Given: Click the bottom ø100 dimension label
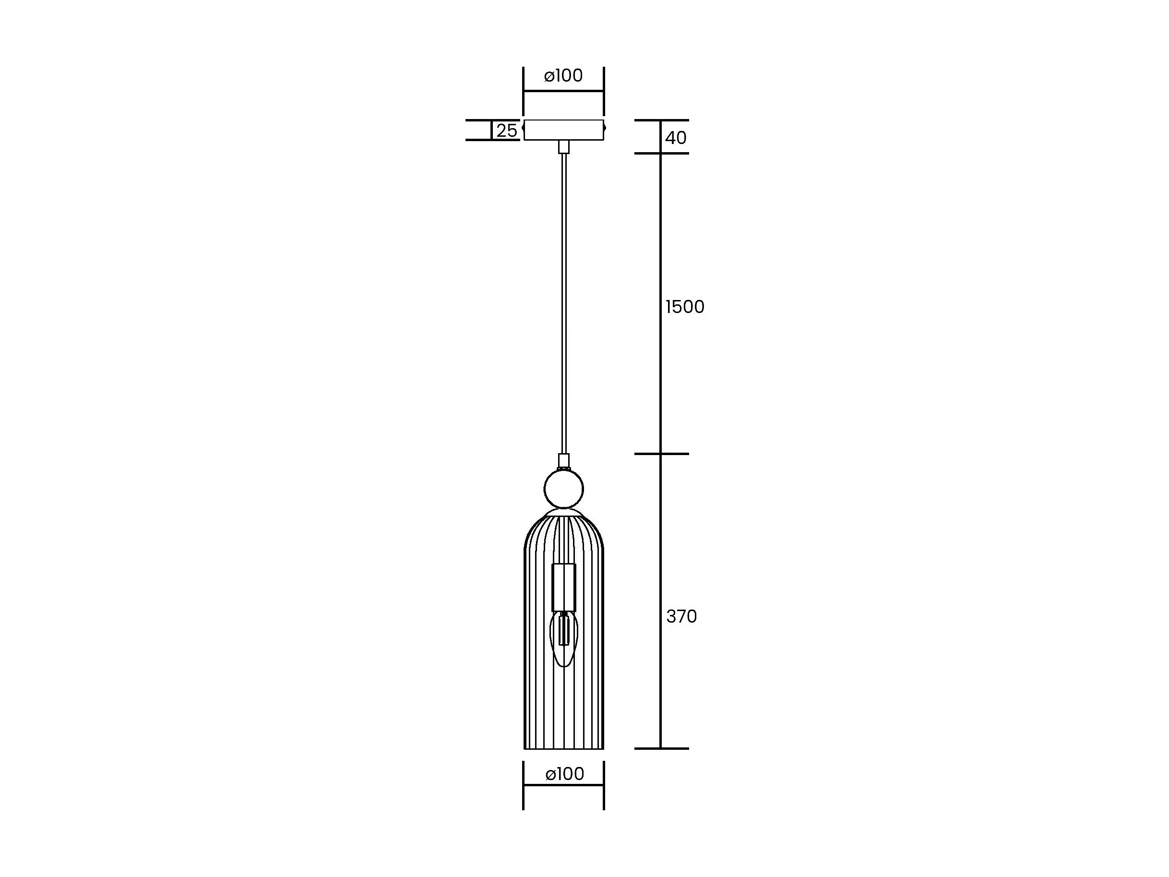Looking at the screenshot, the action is pos(564,774).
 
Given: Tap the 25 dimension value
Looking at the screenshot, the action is pos(506,131).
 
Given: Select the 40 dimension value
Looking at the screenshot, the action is pos(675,138).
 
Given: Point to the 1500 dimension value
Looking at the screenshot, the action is pos(685,307).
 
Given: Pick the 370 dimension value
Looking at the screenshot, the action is pos(682,616).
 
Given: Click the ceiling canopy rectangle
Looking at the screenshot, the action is pos(563,130).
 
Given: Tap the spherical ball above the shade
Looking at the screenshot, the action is pos(564,490).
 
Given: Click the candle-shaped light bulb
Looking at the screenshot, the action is pos(564,638).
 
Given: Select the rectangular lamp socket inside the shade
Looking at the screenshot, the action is pos(564,588).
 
